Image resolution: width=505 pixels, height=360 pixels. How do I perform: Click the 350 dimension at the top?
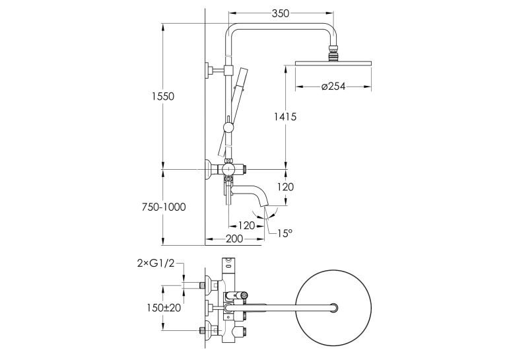[281, 13]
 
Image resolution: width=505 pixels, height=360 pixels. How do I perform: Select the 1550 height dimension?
[163, 96]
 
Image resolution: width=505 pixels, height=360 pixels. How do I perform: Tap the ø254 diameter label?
[333, 87]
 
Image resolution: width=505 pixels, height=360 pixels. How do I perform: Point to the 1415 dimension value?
[285, 116]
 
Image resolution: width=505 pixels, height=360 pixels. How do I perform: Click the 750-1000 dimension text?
[164, 207]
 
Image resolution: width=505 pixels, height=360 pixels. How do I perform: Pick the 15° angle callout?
[285, 233]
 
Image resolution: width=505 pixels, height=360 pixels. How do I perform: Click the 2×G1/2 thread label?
[156, 264]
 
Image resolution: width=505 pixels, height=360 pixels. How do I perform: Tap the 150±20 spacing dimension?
[164, 308]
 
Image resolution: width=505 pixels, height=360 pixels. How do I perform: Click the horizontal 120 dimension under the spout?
[246, 225]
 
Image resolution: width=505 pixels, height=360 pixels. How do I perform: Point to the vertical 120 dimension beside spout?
[285, 187]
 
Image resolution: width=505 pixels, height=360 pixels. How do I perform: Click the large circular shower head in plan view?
[333, 308]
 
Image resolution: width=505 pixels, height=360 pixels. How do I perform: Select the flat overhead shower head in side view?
[333, 63]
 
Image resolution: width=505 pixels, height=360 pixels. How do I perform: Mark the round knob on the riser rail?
[228, 127]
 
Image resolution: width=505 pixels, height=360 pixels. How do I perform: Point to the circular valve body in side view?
[228, 169]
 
